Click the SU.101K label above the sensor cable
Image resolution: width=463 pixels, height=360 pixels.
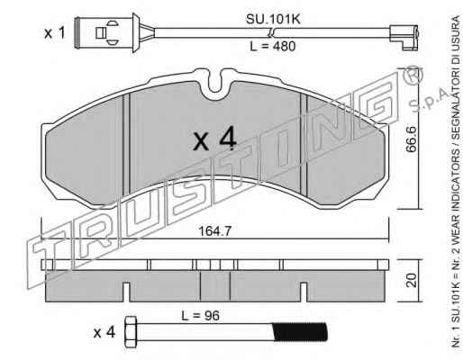(x=273, y=20)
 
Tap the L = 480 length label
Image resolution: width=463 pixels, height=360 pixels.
(x=273, y=46)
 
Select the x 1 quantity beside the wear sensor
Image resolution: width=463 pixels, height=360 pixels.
(x=54, y=32)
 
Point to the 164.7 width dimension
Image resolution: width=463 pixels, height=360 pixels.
(x=215, y=231)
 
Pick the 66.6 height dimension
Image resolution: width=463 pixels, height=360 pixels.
(x=412, y=139)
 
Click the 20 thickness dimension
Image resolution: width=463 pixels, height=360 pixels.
(x=412, y=280)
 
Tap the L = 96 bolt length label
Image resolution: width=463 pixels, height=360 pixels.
(x=200, y=316)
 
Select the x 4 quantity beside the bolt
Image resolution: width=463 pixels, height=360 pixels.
(x=104, y=333)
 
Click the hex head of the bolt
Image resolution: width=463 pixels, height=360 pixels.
(x=131, y=332)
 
